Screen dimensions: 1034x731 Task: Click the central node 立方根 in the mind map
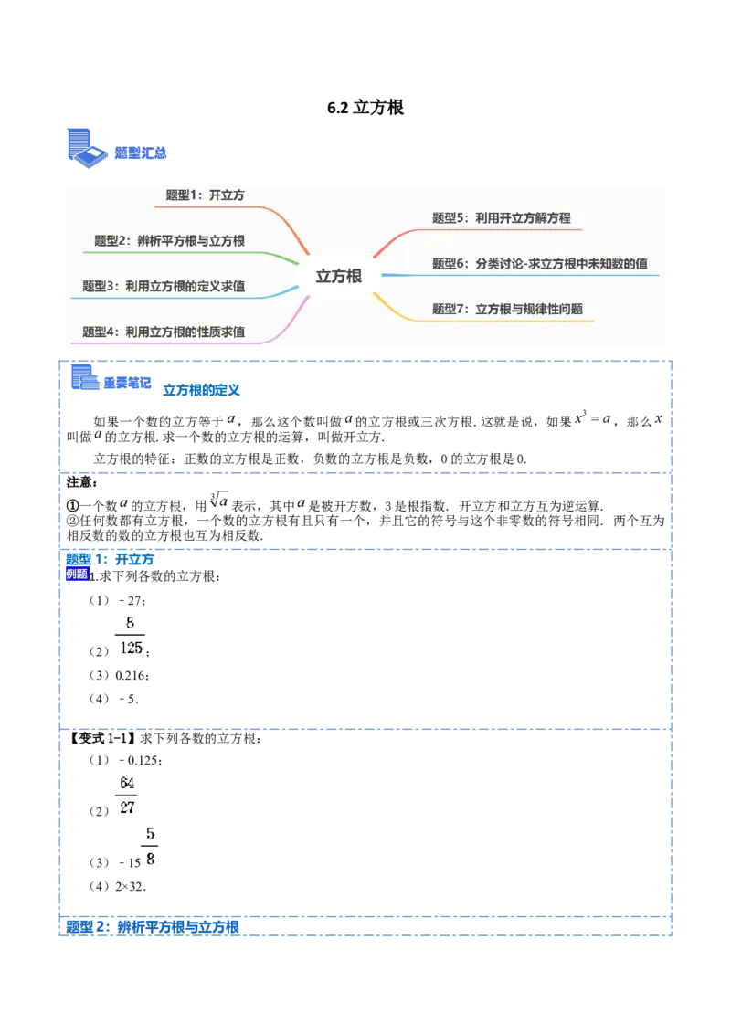[x=339, y=276]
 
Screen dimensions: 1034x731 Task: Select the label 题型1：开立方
[x=205, y=195]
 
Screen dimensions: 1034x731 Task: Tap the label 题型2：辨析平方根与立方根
[x=169, y=241]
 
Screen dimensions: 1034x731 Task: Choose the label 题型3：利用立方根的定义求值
[x=164, y=286]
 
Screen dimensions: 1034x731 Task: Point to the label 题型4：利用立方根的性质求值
[x=164, y=332]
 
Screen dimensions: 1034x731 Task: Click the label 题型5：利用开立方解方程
[x=501, y=218]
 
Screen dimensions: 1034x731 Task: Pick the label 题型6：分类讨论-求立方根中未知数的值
[x=540, y=264]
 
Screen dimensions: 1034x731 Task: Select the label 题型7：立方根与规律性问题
[x=507, y=309]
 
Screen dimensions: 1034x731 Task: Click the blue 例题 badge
[x=77, y=574]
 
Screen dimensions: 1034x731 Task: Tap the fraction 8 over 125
[x=128, y=636]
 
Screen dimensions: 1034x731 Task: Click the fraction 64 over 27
[x=128, y=796]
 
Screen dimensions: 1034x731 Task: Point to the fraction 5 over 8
[x=150, y=847]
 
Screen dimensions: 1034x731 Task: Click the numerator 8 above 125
[x=130, y=623]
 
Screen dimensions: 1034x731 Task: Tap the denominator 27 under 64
[x=128, y=808]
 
